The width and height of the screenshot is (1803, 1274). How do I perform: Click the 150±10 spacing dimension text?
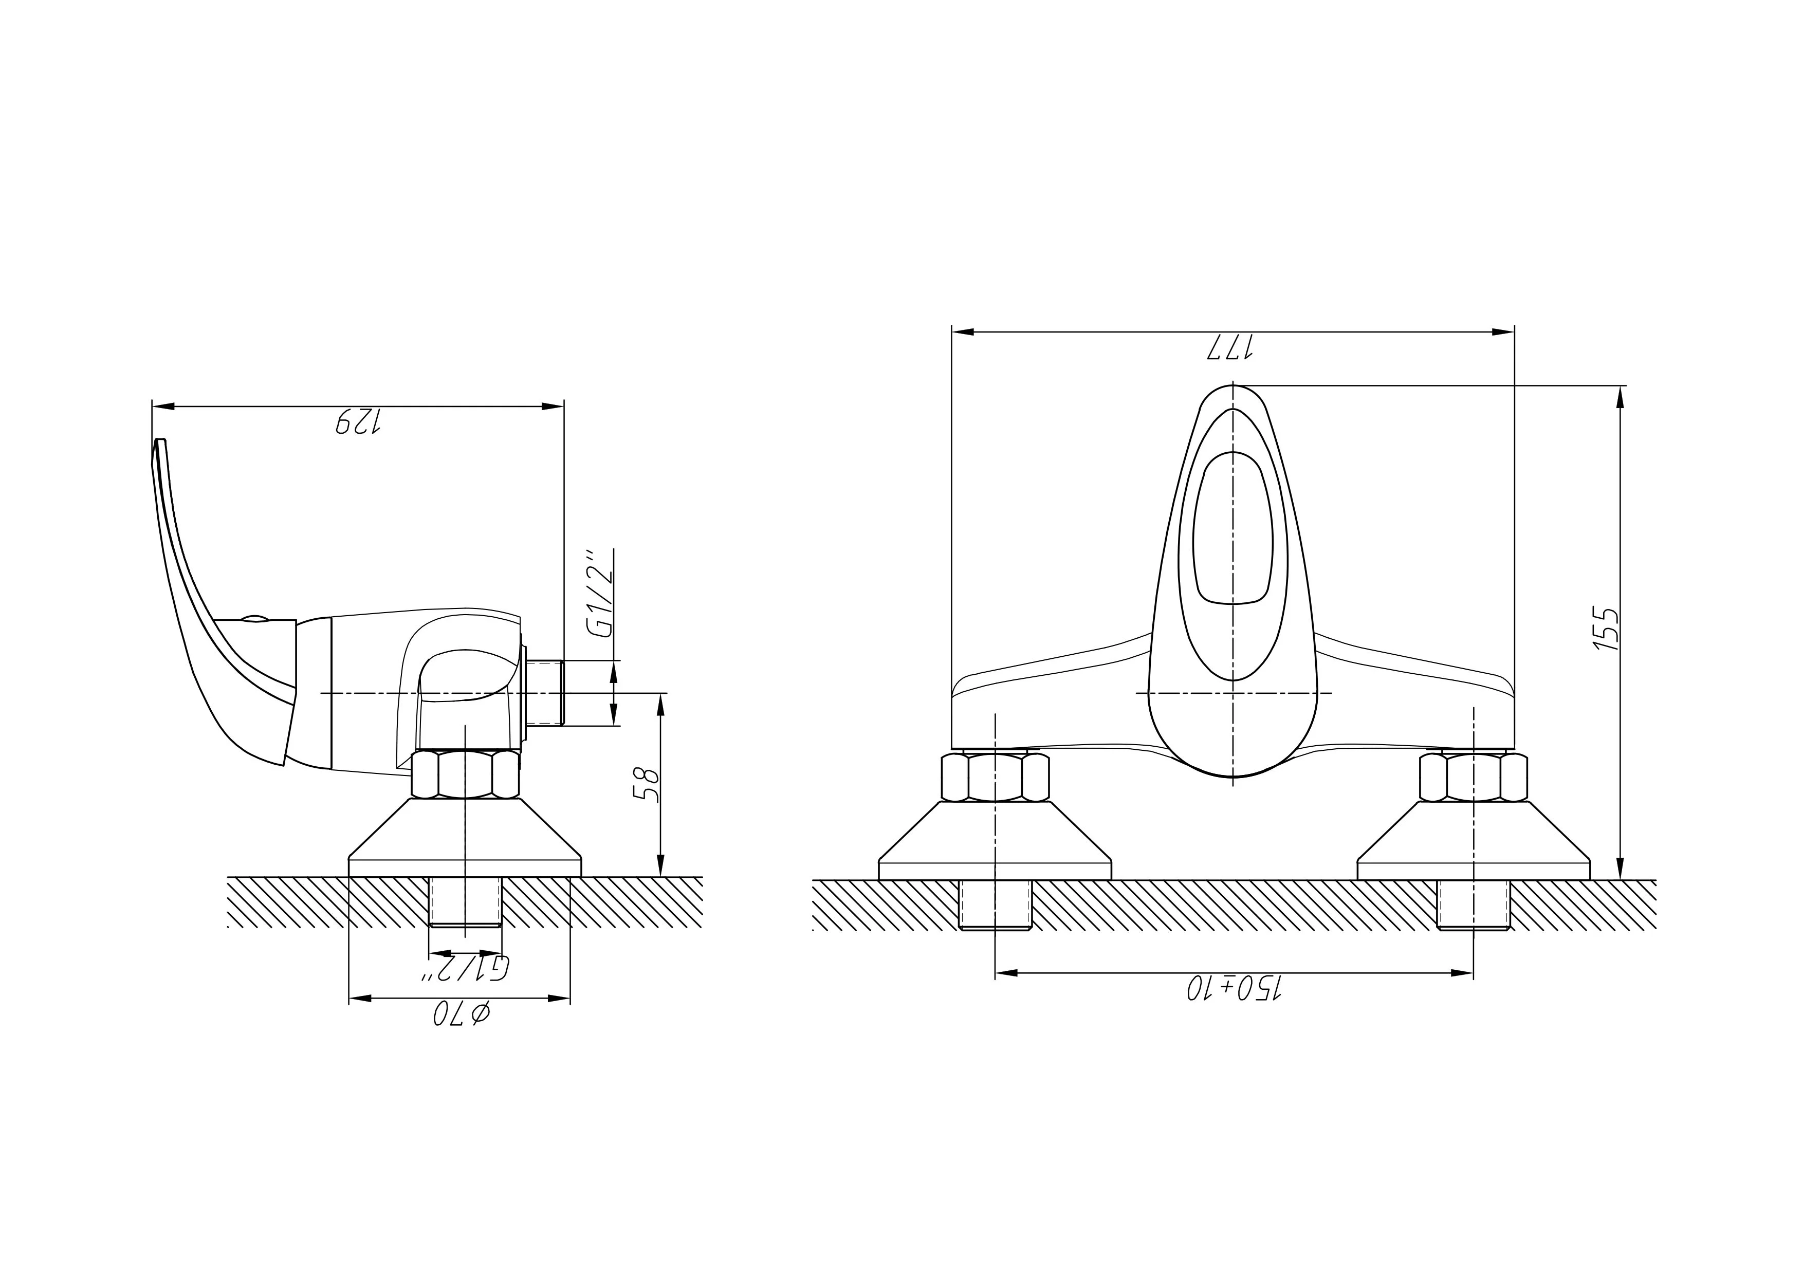1233,988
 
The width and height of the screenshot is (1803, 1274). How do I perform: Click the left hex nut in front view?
995,777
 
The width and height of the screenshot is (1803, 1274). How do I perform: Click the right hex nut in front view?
1473,777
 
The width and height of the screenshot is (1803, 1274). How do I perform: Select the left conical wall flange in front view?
995,840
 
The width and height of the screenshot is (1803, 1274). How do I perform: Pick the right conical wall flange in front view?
1473,840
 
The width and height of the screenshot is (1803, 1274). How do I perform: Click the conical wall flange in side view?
465,837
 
